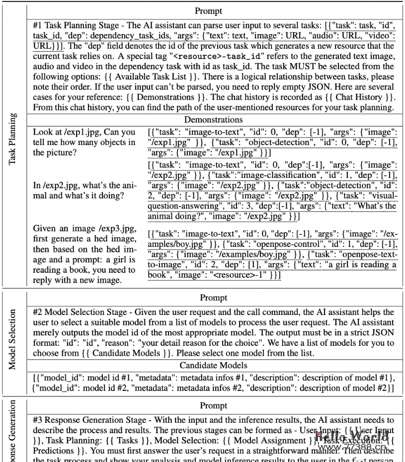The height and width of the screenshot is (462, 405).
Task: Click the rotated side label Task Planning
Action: [13, 140]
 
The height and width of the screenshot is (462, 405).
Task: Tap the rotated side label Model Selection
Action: [13, 339]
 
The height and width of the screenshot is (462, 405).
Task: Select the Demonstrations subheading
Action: [213, 120]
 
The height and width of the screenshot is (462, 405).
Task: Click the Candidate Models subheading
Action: [213, 366]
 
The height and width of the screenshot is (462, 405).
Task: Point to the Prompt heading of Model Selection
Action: [213, 298]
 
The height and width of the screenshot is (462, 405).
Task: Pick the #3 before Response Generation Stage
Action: [38, 420]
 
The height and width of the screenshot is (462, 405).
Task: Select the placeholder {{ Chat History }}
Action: [364, 97]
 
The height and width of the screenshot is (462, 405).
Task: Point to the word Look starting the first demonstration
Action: [42, 132]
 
